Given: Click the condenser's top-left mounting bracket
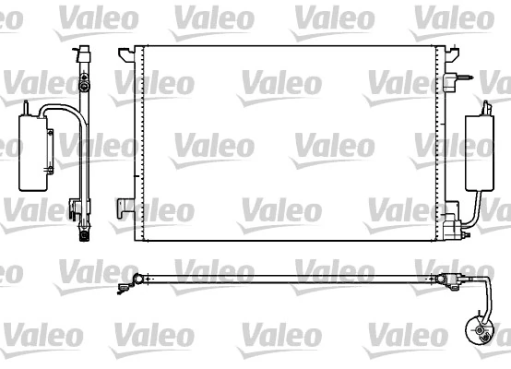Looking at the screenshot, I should coord(125,55).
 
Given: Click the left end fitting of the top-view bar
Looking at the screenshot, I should coord(137,278).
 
